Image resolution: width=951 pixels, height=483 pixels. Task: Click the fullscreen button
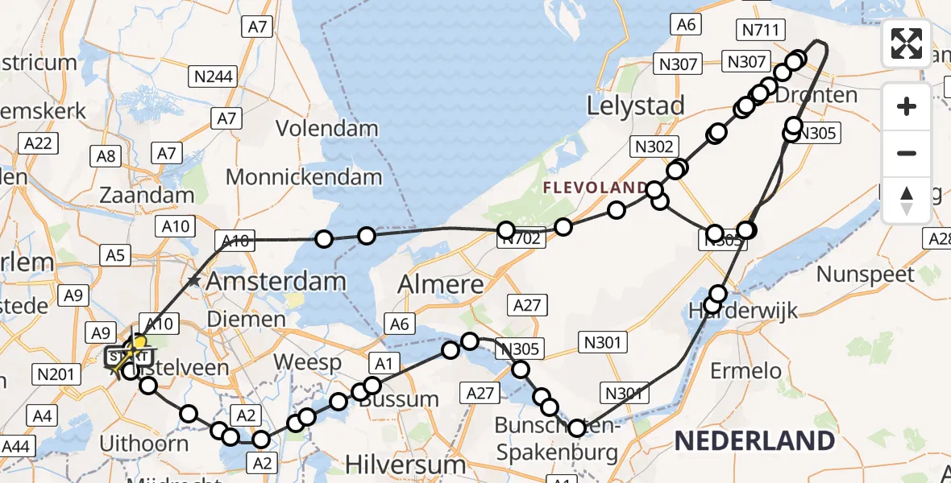pos(907,43)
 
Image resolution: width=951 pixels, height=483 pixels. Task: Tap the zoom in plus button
pos(907,106)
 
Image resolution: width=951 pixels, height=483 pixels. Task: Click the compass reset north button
pos(907,200)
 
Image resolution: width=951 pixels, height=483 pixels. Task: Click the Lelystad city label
pos(636,105)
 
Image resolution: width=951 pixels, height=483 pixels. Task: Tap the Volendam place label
pos(326,128)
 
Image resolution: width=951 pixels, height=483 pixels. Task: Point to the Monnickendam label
pos(304,176)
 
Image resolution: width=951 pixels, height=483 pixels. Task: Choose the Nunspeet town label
pos(866,274)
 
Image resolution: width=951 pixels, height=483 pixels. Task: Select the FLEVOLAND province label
pos(595,188)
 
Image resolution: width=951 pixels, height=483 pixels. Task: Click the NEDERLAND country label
pos(754,440)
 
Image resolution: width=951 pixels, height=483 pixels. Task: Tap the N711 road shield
pos(760,31)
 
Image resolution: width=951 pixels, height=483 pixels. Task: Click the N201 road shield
pos(55,374)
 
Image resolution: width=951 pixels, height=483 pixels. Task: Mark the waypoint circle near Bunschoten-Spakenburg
pos(577,428)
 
